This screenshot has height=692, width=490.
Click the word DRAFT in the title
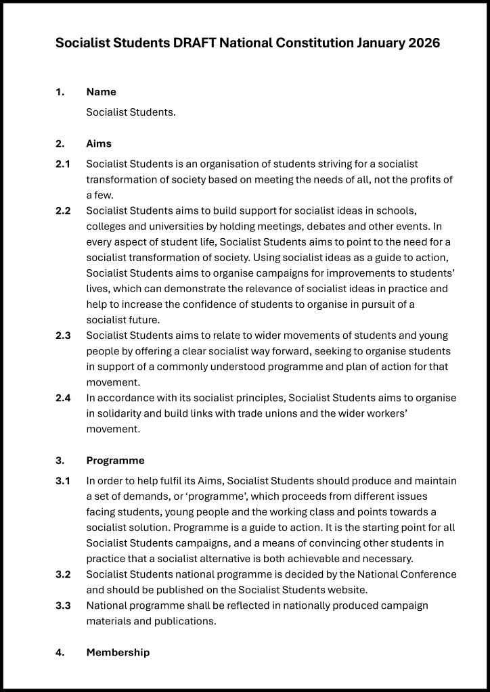(198, 43)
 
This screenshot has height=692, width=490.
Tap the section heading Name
(101, 92)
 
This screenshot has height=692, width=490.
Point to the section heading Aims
(99, 143)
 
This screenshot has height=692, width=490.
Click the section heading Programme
(115, 461)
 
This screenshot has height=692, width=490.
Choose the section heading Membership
(118, 652)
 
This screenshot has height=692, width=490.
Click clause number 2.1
(63, 164)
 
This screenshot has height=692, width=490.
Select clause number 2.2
(63, 210)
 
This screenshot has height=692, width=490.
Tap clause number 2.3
(63, 335)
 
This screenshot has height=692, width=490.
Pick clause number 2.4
(63, 397)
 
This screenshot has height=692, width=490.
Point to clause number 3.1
(63, 480)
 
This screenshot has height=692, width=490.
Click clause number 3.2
(63, 574)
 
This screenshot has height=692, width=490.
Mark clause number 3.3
(63, 605)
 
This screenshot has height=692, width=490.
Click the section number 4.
(60, 652)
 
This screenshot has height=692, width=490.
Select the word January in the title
(379, 43)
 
